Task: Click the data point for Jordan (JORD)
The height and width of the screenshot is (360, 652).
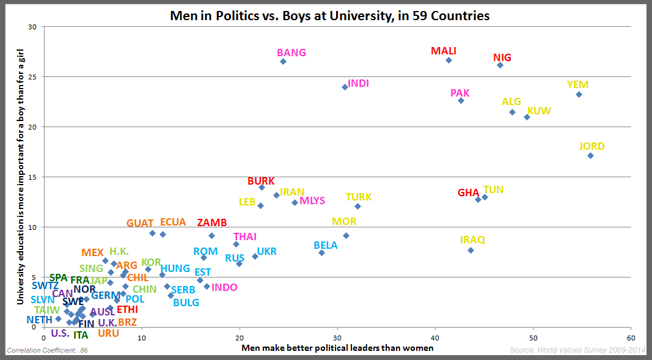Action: click(590, 155)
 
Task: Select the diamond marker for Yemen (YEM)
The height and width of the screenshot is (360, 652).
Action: click(579, 94)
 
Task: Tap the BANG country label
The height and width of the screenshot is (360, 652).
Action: click(291, 53)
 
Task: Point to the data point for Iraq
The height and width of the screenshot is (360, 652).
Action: click(471, 250)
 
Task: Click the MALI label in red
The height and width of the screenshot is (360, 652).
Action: click(444, 51)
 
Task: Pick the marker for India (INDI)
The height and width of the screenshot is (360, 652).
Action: click(345, 87)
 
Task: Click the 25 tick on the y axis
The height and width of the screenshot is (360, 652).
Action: click(32, 77)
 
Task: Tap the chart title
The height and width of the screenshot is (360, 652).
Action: click(330, 16)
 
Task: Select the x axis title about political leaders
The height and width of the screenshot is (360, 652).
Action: click(337, 348)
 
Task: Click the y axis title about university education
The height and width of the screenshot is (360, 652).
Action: click(21, 177)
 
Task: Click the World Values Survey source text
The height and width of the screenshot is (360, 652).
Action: click(577, 350)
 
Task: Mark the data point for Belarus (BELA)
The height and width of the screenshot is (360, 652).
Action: click(321, 252)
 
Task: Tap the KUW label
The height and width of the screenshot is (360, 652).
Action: click(539, 111)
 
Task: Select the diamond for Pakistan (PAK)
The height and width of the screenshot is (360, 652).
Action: click(461, 100)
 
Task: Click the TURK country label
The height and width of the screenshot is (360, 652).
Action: click(359, 197)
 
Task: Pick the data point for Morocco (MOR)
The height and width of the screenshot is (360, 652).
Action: click(346, 235)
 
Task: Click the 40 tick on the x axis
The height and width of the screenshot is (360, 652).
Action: click(435, 337)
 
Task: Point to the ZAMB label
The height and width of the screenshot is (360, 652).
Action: click(212, 222)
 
